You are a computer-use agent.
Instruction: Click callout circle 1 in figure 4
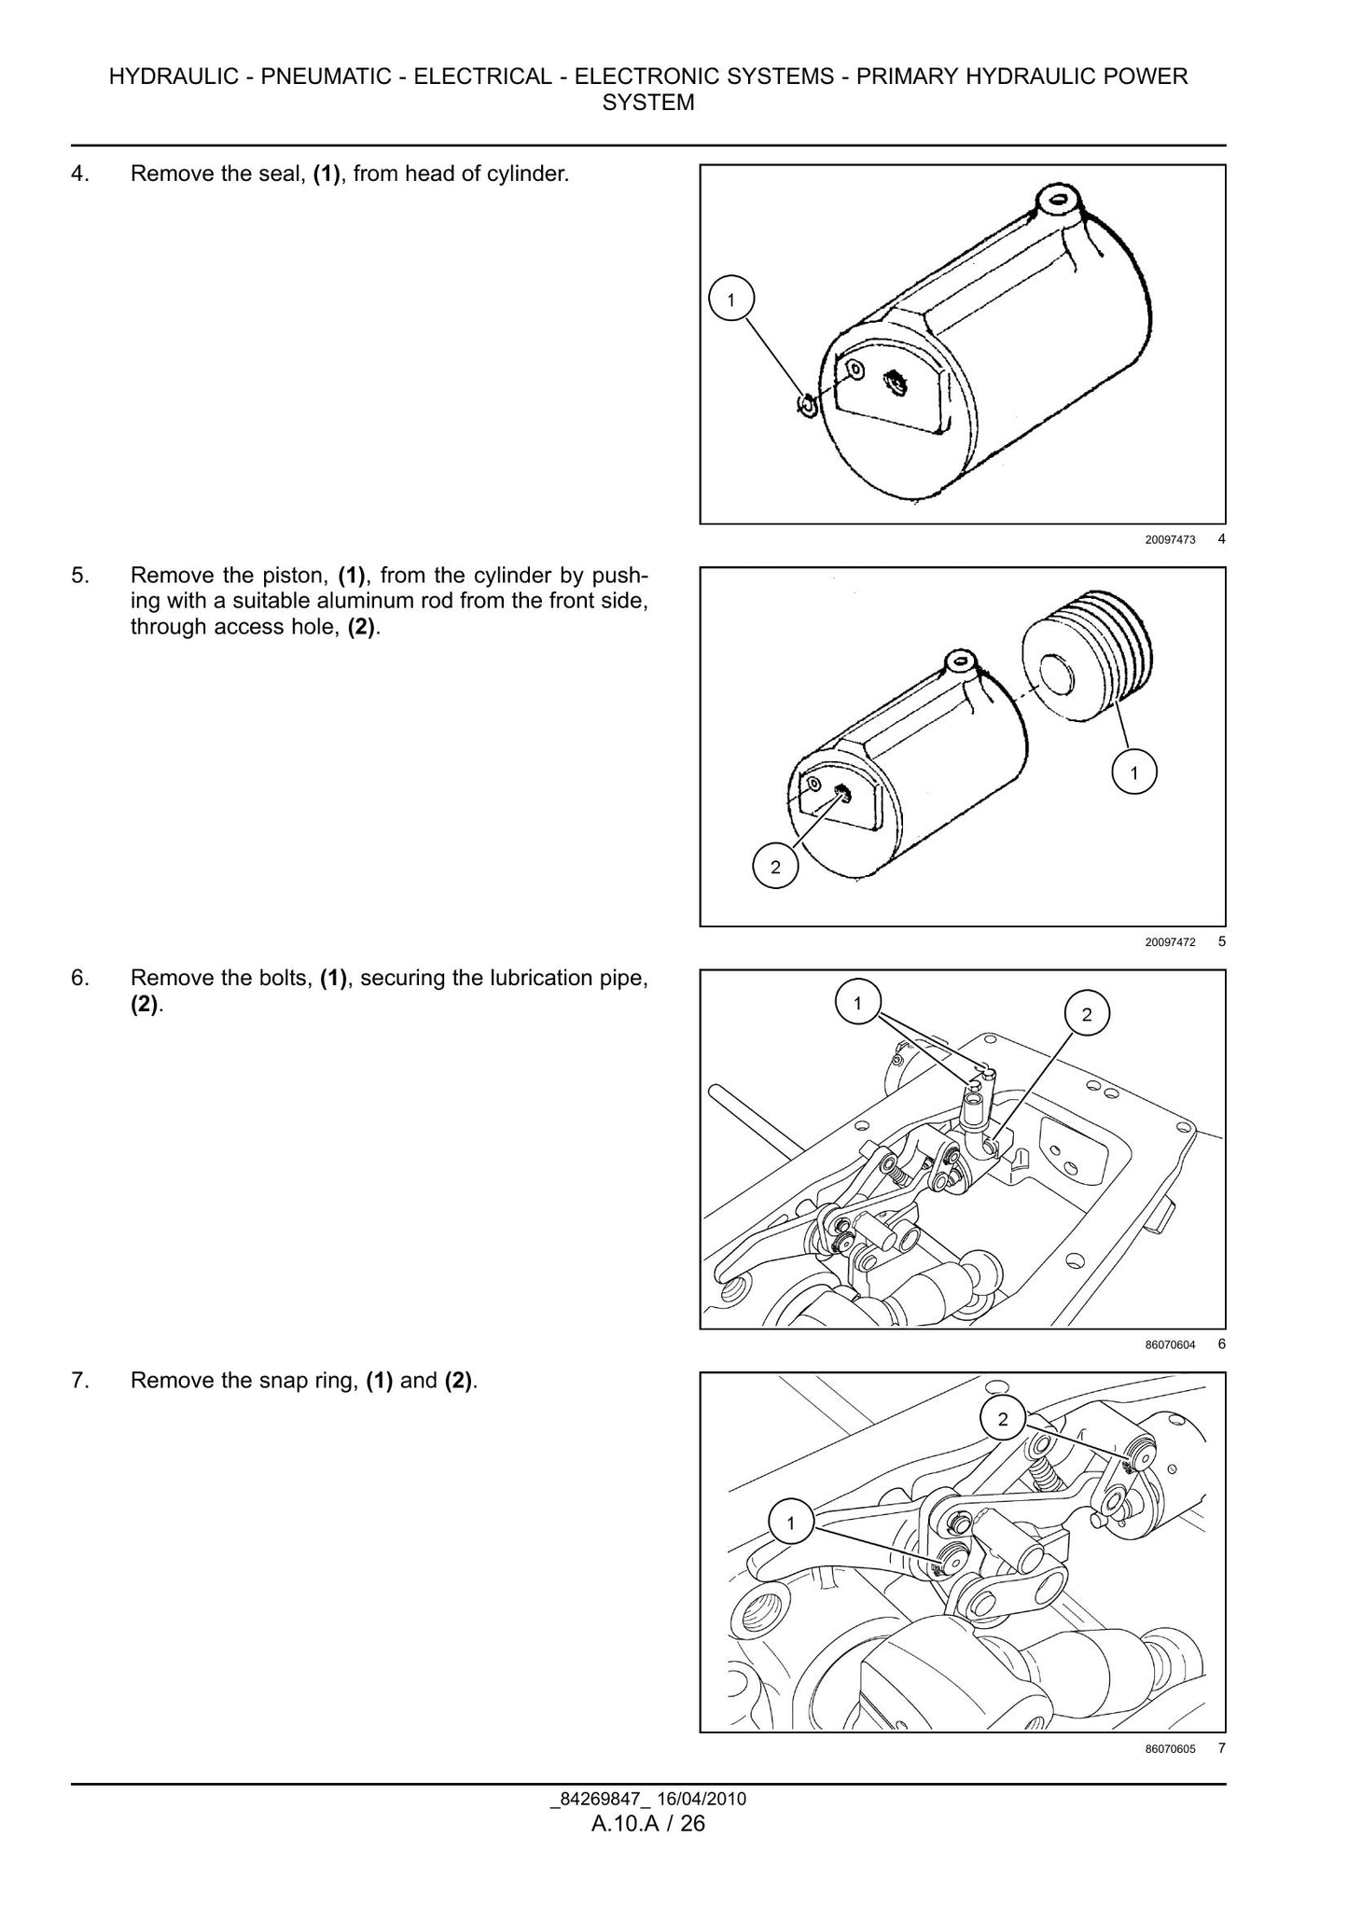pyautogui.click(x=730, y=300)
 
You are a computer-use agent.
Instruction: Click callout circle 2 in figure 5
pyautogui.click(x=774, y=868)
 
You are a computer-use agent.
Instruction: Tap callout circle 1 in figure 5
pyautogui.click(x=1133, y=772)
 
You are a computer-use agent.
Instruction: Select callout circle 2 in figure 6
pyautogui.click(x=1086, y=1015)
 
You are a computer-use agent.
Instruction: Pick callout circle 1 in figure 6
pyautogui.click(x=857, y=1003)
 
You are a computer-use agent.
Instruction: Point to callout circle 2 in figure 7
pyautogui.click(x=1003, y=1420)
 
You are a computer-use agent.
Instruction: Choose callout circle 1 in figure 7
pyautogui.click(x=791, y=1523)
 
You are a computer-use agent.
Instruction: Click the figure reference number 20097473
pyautogui.click(x=1170, y=539)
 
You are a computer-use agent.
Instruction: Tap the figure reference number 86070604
pyautogui.click(x=1170, y=1344)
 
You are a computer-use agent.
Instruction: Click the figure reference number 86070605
pyautogui.click(x=1170, y=1749)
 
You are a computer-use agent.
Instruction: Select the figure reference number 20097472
pyautogui.click(x=1170, y=942)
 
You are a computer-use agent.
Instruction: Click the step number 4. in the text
pyautogui.click(x=80, y=174)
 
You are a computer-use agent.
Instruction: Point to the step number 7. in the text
pyautogui.click(x=80, y=1381)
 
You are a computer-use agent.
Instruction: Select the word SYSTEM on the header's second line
pyautogui.click(x=648, y=103)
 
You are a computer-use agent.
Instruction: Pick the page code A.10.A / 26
pyautogui.click(x=648, y=1824)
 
